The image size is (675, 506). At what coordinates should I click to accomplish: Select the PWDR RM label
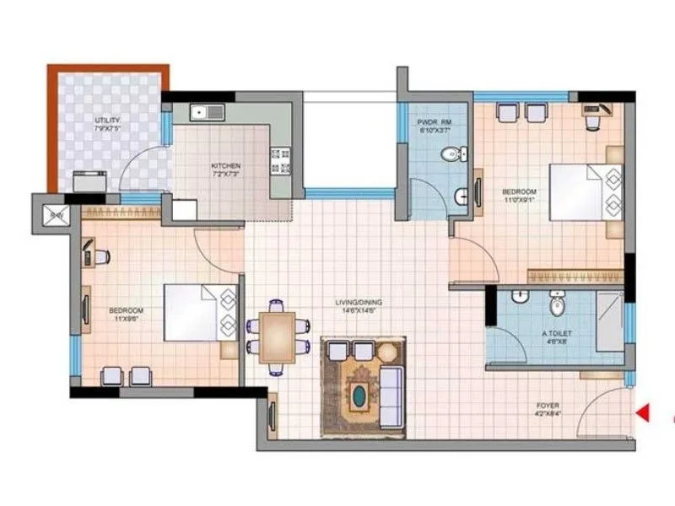pos(435,126)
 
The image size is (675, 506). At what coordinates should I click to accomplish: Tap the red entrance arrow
pos(642,412)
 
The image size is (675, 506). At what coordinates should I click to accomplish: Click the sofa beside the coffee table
pos(391,391)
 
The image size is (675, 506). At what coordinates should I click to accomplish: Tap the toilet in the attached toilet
pos(557,303)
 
